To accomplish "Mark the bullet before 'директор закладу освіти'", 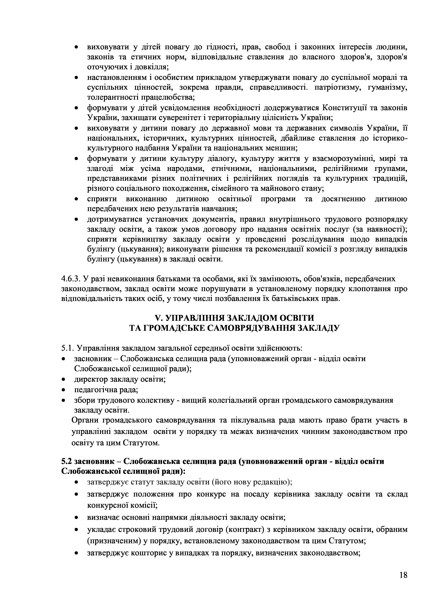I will [x=63, y=380].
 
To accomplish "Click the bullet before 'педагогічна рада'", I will [x=63, y=390].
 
